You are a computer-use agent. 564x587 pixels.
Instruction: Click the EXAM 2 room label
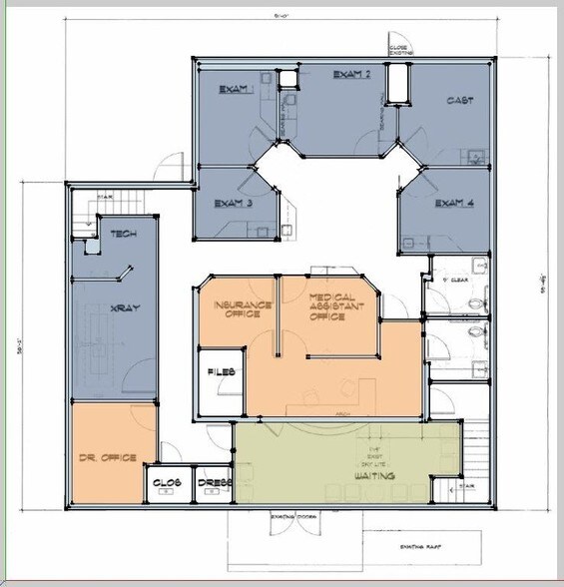click(x=352, y=74)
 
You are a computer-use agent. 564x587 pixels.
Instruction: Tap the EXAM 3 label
click(x=234, y=204)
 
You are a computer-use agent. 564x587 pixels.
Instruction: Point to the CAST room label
click(x=459, y=101)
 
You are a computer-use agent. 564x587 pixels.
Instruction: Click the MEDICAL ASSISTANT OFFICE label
click(x=327, y=307)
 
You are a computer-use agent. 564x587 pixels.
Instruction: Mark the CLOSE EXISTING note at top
click(x=398, y=48)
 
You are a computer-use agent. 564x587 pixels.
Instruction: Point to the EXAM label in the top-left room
click(x=237, y=85)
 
